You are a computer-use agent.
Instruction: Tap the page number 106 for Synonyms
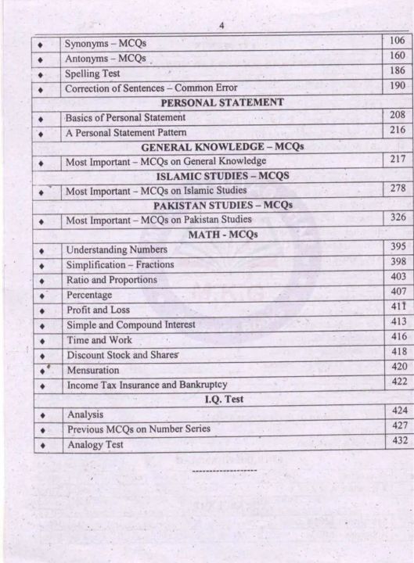point(397,40)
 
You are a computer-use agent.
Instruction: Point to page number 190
point(397,86)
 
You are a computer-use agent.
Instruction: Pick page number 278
point(397,189)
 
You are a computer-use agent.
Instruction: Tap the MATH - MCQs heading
point(222,234)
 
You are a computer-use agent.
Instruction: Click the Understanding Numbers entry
point(117,249)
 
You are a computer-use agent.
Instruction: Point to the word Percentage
point(89,295)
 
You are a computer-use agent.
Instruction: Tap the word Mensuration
point(93,369)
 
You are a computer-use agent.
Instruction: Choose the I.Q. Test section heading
point(223,400)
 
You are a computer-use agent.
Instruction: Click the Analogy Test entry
point(95,445)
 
